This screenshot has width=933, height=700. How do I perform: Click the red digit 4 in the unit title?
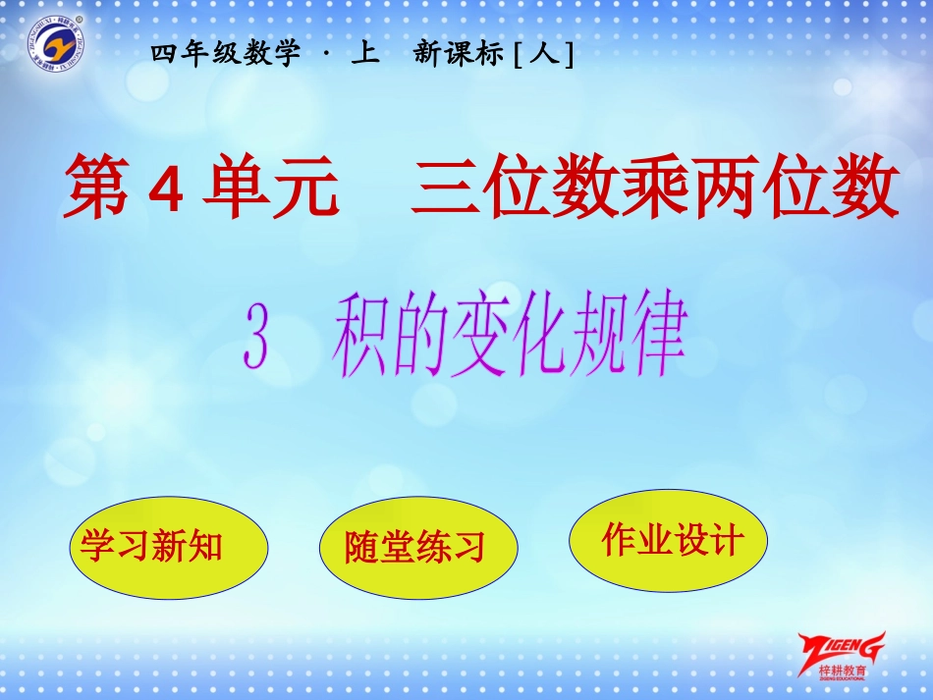[166, 190]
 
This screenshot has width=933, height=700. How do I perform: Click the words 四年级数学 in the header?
[226, 55]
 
